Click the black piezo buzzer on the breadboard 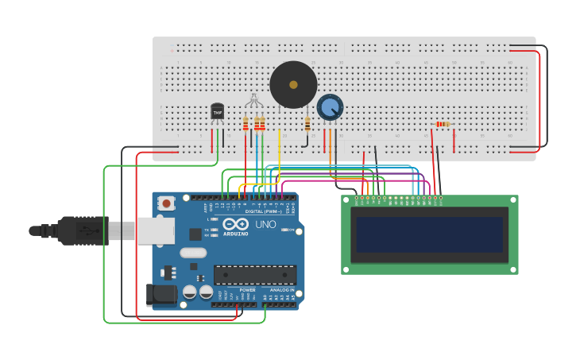click(293, 84)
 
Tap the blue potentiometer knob click(330, 106)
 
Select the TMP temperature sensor click(217, 112)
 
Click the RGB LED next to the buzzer click(253, 101)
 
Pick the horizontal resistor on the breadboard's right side click(443, 124)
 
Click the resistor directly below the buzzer click(307, 124)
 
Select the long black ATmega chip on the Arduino click(255, 275)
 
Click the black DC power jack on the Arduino click(161, 295)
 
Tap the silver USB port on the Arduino click(155, 230)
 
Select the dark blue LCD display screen click(429, 235)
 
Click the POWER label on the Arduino click(248, 290)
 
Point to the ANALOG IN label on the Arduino click(281, 290)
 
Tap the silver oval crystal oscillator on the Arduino click(193, 253)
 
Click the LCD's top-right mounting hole click(513, 200)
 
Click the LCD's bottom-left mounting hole click(346, 270)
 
